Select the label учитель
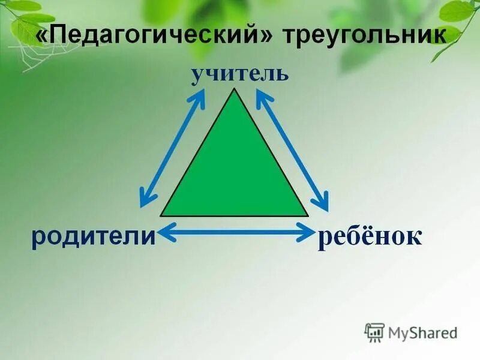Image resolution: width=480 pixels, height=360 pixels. [240, 74]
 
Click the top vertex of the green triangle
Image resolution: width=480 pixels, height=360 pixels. [235, 89]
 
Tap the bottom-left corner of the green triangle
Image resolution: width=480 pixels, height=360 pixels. [161, 215]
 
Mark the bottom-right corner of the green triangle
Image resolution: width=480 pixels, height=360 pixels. [307, 215]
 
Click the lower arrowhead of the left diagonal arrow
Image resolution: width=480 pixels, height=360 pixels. [144, 200]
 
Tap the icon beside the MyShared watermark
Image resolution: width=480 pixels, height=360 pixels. [374, 332]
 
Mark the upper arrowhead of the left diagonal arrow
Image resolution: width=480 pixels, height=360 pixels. [200, 96]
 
